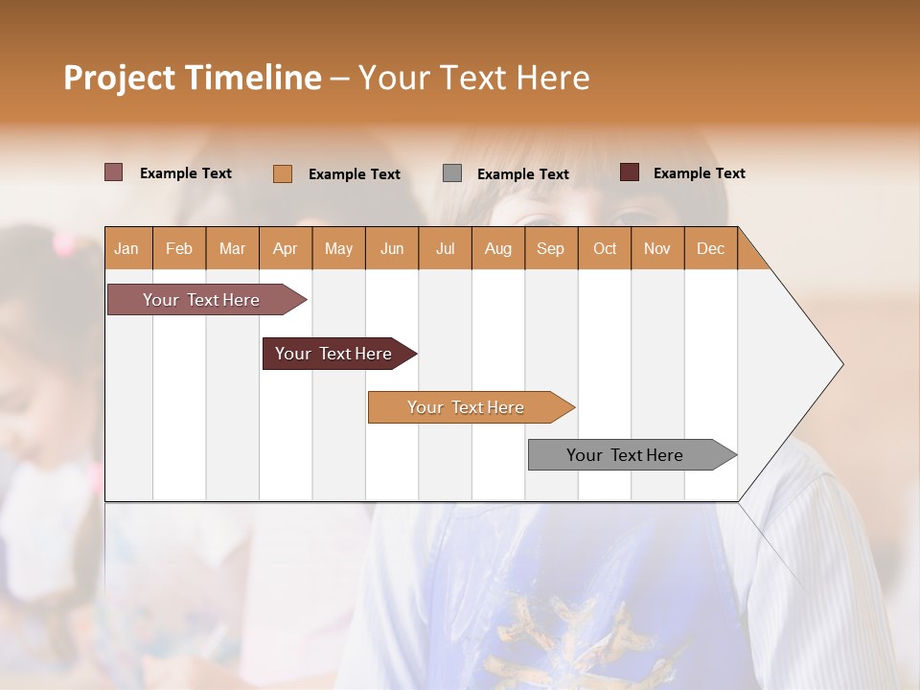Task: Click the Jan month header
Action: [126, 249]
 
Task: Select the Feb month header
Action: [179, 249]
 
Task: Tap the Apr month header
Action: [286, 249]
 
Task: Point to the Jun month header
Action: [392, 249]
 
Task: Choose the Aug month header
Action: [498, 249]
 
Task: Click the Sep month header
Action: [551, 249]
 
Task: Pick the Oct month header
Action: [605, 249]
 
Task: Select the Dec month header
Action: [711, 249]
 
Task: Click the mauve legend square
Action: [114, 172]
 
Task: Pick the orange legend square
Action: [283, 173]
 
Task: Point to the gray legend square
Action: [452, 173]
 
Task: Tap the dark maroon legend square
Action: [630, 172]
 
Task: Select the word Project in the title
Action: [120, 78]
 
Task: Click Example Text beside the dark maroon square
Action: [699, 173]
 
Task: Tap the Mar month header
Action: [233, 249]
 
